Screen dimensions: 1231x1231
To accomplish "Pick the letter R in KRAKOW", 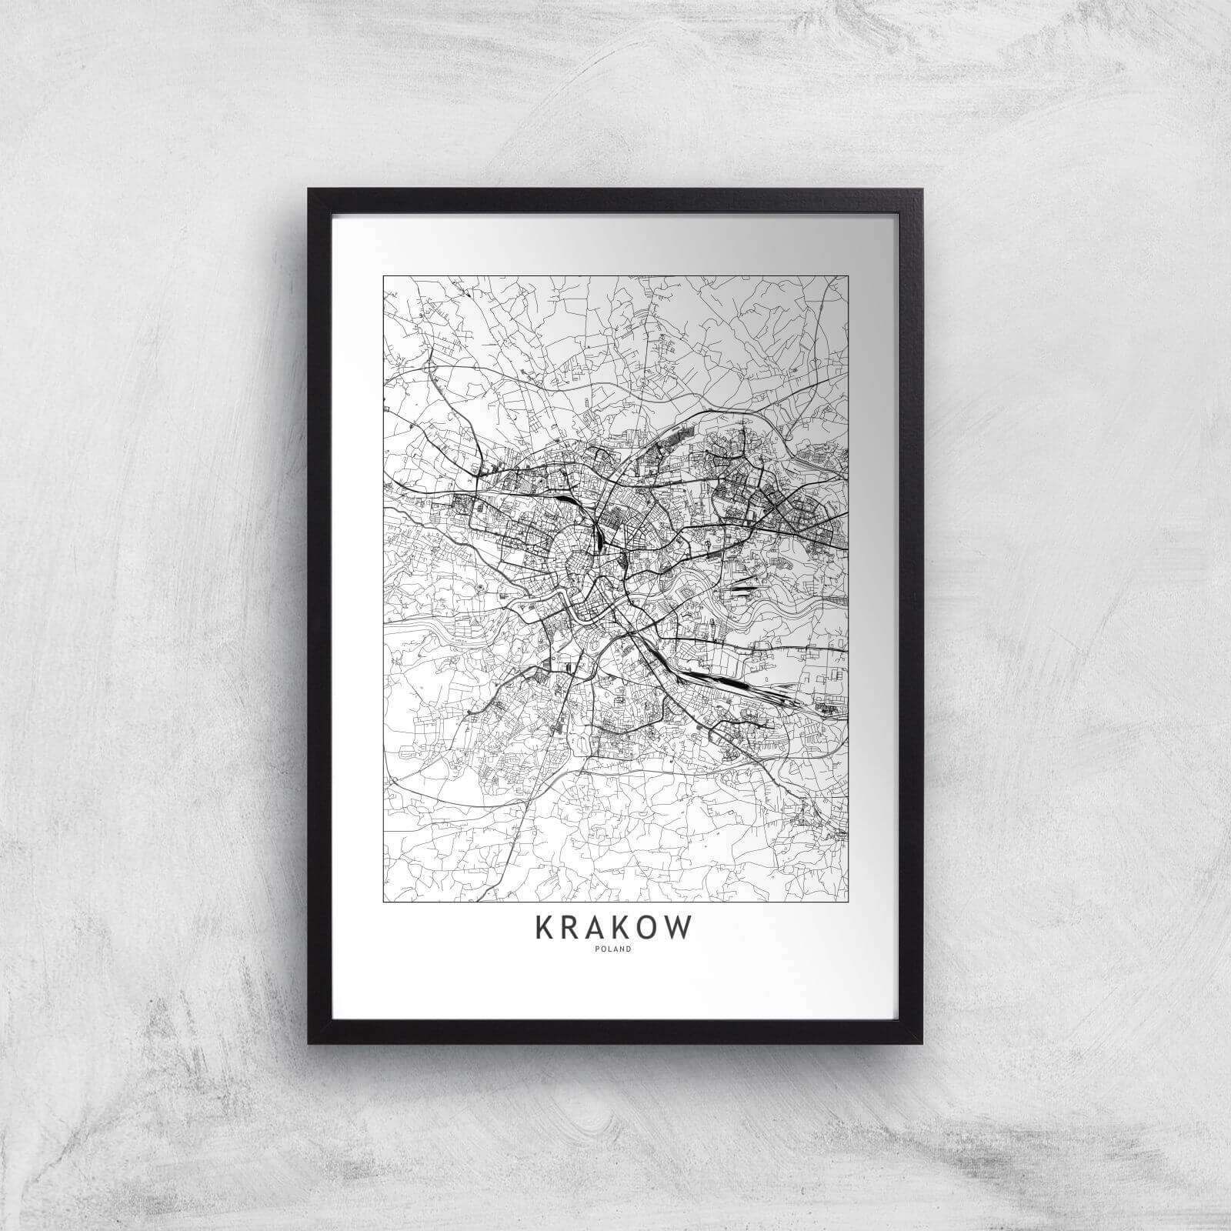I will [x=571, y=928].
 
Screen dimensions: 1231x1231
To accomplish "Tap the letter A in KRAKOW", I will [x=596, y=928].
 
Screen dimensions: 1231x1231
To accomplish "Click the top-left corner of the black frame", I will [x=310, y=189].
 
